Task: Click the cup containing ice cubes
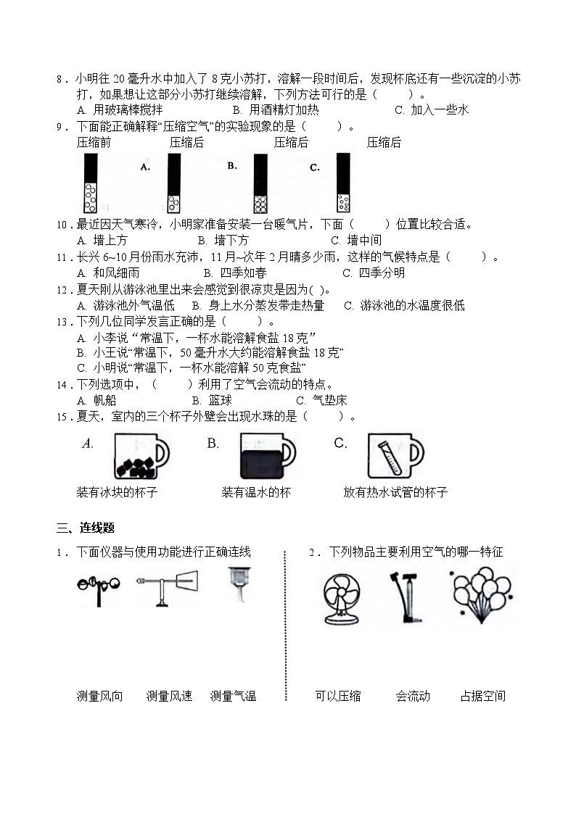140,457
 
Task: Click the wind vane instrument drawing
167,588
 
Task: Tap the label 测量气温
233,697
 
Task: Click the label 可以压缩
337,697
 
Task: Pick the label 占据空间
482,697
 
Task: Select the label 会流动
412,697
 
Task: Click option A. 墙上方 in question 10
102,240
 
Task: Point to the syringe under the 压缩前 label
91,184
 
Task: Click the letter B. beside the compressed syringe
232,166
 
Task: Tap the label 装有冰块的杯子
117,493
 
